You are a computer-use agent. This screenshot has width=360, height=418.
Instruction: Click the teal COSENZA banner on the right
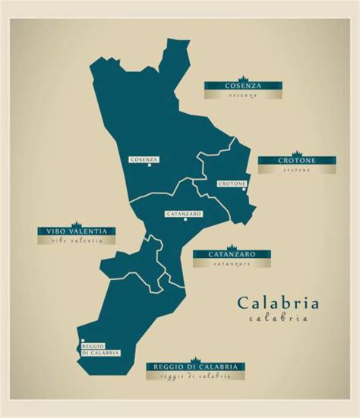242,86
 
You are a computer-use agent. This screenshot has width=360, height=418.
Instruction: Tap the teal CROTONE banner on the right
296,161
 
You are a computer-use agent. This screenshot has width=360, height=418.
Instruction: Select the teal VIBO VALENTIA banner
77,231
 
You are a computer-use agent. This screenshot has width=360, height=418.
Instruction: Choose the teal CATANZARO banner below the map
232,254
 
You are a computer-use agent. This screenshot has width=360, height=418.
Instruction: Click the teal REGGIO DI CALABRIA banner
196,366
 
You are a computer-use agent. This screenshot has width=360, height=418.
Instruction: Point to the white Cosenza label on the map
144,159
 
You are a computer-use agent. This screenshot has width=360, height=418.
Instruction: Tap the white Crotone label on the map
232,184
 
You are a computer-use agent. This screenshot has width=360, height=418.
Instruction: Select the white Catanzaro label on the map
183,214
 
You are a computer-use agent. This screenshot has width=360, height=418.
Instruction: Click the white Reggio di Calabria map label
100,350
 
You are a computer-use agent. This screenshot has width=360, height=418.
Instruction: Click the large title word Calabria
278,303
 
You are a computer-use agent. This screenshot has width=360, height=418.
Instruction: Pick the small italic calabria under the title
278,319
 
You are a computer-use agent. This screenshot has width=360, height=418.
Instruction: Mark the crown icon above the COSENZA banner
243,78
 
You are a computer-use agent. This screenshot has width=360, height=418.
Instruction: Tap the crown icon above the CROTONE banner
296,153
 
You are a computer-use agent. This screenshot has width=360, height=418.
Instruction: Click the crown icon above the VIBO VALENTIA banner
77,223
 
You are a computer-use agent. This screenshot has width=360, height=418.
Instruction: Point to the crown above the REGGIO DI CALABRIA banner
196,358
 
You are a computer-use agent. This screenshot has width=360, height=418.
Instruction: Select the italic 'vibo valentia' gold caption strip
77,240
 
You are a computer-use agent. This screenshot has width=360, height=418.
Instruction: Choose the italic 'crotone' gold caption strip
296,170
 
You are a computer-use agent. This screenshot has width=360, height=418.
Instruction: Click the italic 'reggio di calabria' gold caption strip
196,376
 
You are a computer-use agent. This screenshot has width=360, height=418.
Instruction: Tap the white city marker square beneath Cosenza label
150,165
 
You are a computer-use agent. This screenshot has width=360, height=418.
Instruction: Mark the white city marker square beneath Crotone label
244,190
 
